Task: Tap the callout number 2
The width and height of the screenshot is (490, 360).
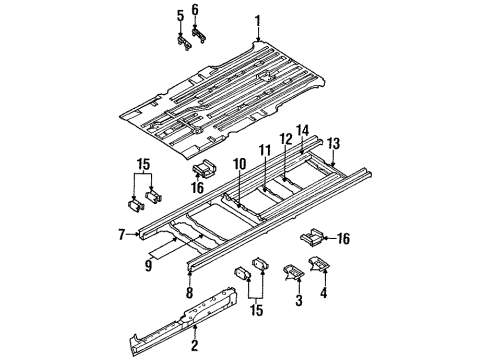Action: (195, 346)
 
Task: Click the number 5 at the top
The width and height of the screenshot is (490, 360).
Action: (180, 15)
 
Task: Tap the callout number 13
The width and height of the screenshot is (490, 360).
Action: (334, 142)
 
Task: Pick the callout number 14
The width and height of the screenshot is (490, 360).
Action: (303, 129)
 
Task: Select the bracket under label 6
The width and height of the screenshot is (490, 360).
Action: (198, 35)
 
